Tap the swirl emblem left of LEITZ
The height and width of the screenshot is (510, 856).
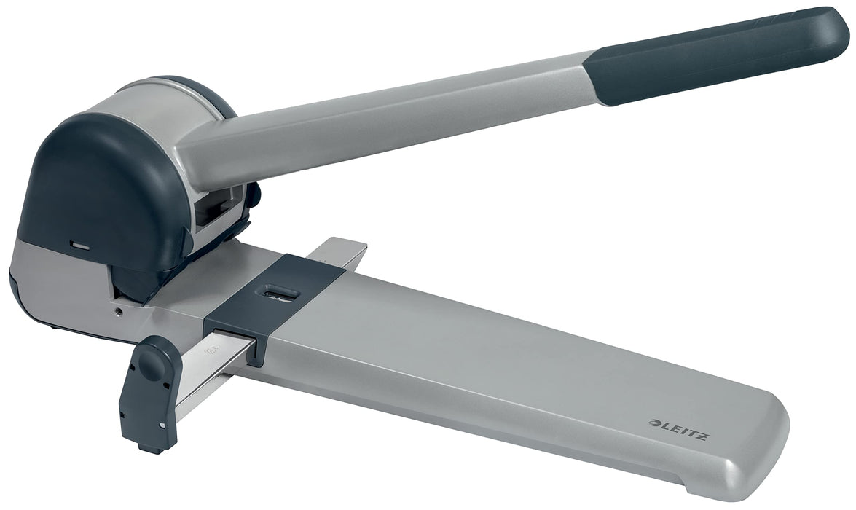(x=654, y=422)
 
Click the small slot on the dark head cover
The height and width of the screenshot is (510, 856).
(x=79, y=246)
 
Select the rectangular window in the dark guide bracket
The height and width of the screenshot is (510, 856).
(x=281, y=293)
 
